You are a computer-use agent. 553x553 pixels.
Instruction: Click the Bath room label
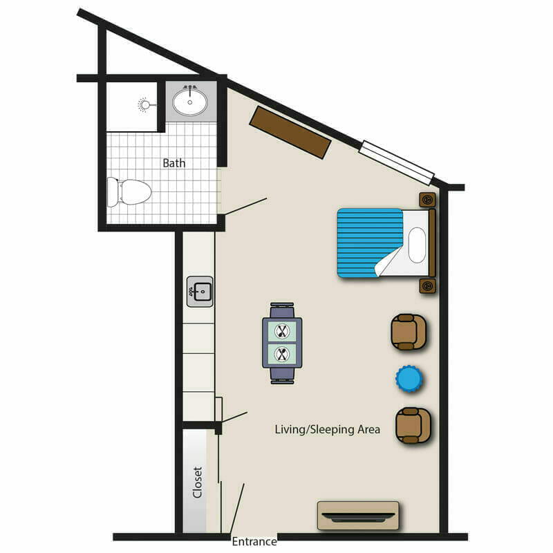(174, 163)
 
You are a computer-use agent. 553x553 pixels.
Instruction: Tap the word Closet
(198, 482)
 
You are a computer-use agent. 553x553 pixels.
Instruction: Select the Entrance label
(254, 541)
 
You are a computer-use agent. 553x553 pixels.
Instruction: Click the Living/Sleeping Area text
(327, 429)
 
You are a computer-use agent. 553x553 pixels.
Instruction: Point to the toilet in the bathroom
(129, 192)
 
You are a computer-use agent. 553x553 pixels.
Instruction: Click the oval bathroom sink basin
(189, 102)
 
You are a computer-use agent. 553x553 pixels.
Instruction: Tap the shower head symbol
(144, 105)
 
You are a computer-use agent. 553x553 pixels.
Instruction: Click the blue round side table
(409, 378)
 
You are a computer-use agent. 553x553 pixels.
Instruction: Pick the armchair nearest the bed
(409, 332)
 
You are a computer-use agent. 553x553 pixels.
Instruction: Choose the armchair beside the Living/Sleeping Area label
(413, 425)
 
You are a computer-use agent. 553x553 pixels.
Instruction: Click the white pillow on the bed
(417, 245)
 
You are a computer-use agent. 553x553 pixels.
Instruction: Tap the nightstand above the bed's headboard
(427, 200)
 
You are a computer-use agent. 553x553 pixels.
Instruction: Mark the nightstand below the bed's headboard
(427, 285)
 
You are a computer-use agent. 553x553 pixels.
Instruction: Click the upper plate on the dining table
(282, 331)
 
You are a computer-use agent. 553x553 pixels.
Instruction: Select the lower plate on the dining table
(282, 354)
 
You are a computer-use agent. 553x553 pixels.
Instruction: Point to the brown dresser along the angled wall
(290, 132)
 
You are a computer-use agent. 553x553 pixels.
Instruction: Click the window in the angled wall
(397, 162)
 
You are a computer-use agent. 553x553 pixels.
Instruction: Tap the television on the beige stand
(358, 517)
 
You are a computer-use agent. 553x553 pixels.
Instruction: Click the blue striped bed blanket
(370, 243)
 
